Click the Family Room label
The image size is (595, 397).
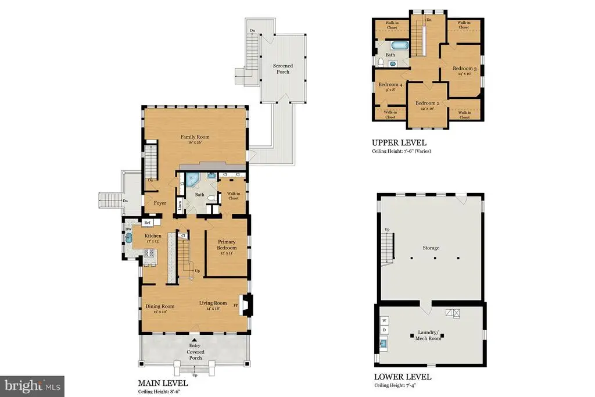tap(195, 137)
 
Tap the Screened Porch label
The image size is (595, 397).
tap(283, 69)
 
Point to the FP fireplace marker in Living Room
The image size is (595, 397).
tap(236, 305)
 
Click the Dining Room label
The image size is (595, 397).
tap(160, 306)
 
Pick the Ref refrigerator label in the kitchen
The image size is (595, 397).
tap(148, 223)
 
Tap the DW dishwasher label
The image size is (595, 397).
tap(128, 229)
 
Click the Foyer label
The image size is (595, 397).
tap(160, 203)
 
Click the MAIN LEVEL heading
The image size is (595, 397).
tap(163, 384)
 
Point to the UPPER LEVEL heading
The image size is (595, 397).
tap(399, 142)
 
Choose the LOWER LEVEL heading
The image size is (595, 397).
tap(403, 377)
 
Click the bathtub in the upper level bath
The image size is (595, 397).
tap(399, 45)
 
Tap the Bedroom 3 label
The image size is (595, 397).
tap(465, 69)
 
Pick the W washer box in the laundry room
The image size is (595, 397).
tap(385, 320)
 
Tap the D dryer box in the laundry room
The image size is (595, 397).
tap(385, 330)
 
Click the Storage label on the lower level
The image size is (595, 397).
tap(431, 248)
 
